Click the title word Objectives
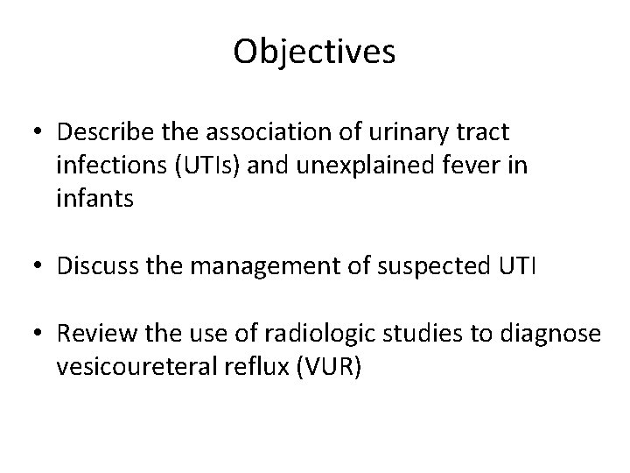314,53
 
